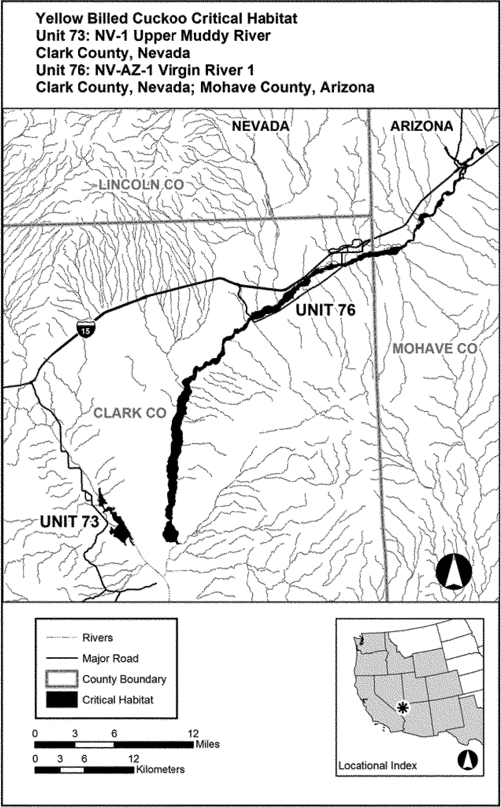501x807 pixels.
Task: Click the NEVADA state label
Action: point(260,126)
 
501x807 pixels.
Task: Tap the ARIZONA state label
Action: point(421,126)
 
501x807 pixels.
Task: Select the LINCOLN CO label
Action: point(141,185)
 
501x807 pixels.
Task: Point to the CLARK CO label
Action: point(130,413)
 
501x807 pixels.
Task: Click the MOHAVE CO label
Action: point(435,348)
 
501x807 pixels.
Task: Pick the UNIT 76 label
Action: point(325,310)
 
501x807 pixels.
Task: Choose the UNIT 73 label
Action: point(69,522)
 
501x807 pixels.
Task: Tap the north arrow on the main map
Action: point(453,571)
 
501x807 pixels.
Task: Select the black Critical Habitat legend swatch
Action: point(62,700)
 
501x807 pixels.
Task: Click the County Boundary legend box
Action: point(62,679)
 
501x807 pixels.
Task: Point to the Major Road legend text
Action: point(110,658)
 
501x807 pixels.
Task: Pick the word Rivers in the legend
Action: point(98,638)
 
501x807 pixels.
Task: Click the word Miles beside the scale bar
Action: point(207,744)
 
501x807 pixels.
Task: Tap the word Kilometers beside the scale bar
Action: point(160,769)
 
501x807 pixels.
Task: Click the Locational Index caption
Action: point(377,765)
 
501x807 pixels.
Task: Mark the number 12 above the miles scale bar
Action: point(193,733)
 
